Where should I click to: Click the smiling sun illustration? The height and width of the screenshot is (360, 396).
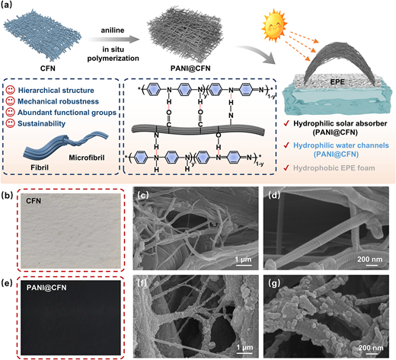click(x=274, y=24)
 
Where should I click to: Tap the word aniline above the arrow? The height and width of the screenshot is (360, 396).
click(x=113, y=30)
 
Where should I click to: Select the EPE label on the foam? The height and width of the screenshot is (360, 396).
click(x=337, y=82)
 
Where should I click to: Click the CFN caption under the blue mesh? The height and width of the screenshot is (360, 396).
click(x=48, y=68)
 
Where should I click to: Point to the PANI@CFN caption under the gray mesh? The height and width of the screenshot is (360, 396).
click(x=190, y=68)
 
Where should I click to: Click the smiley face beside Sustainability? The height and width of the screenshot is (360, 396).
click(x=10, y=123)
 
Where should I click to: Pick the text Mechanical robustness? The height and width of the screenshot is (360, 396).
click(x=58, y=101)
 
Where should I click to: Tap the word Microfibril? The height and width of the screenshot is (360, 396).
click(x=87, y=158)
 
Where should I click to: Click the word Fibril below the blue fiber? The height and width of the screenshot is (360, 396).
click(x=40, y=167)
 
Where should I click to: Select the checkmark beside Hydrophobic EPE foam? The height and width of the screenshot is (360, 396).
click(x=286, y=167)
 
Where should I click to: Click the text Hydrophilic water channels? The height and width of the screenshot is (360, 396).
click(x=341, y=145)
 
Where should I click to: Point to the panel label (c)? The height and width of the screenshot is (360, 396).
click(x=142, y=195)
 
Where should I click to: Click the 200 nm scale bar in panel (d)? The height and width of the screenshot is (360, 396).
click(x=372, y=265)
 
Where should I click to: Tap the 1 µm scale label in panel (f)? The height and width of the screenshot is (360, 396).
click(x=244, y=347)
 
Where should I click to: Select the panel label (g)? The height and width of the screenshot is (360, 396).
click(x=274, y=283)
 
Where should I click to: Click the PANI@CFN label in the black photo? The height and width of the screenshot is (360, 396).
click(x=46, y=288)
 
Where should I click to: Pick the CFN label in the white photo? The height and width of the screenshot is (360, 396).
click(x=34, y=201)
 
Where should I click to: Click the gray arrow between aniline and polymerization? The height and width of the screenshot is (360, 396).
click(x=114, y=40)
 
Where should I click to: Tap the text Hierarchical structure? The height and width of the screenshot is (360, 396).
click(x=56, y=91)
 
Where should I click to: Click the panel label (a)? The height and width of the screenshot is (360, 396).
click(x=7, y=5)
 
